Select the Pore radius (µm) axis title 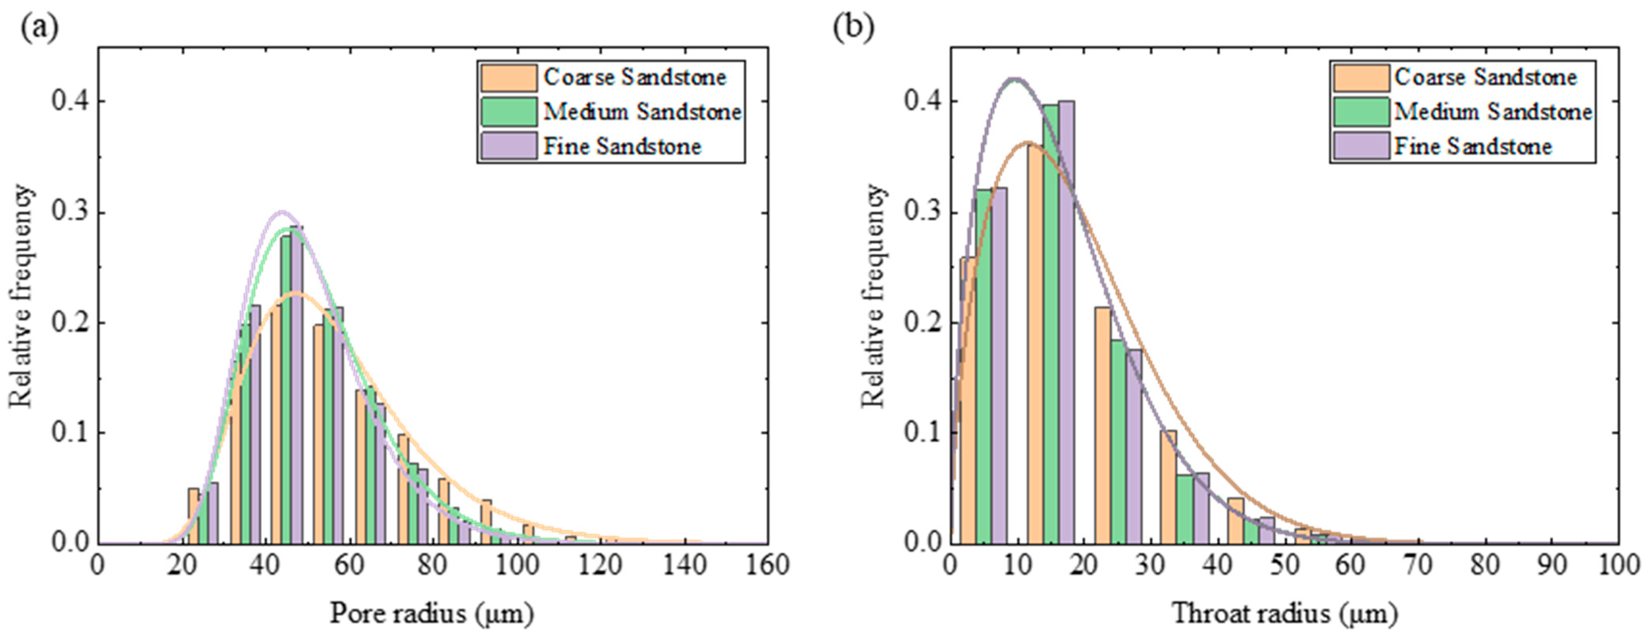432,614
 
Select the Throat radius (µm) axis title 1284,614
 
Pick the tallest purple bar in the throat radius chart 1066,320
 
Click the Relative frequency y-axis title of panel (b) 874,295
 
